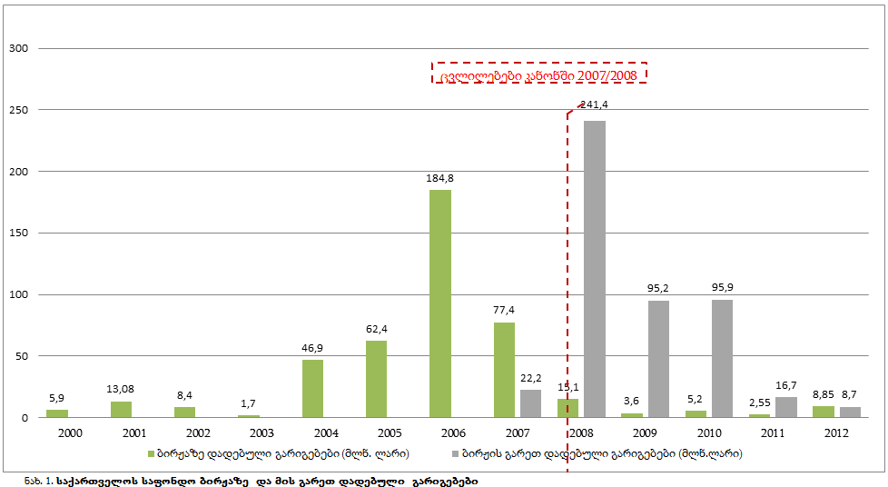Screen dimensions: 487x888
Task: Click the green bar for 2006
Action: pos(439,303)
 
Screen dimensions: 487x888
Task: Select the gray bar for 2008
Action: pos(595,269)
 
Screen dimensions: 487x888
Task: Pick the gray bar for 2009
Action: pos(658,359)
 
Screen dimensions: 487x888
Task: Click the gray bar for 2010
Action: pos(722,358)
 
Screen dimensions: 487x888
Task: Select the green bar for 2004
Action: pos(312,389)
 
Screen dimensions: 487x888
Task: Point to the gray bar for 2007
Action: pos(530,403)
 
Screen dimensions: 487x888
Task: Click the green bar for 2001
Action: pos(121,409)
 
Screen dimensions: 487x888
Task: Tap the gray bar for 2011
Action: pos(785,407)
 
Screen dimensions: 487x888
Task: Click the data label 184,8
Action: pos(439,178)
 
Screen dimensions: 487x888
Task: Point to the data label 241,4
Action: pos(594,104)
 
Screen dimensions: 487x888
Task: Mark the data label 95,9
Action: pos(723,288)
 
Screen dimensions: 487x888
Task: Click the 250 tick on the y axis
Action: pos(19,110)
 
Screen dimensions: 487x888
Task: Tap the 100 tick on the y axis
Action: pos(19,294)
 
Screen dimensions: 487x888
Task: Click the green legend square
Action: pos(151,452)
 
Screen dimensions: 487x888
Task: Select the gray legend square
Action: pos(455,452)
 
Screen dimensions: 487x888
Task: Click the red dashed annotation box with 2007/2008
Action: pos(539,74)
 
